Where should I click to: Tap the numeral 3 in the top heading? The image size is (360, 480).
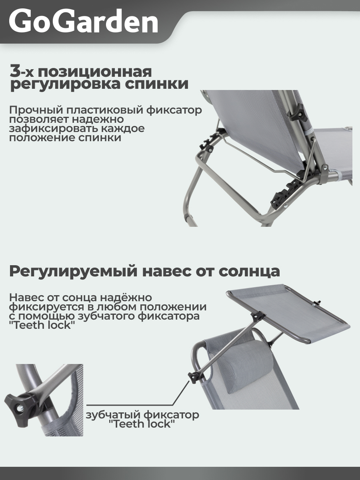(15, 72)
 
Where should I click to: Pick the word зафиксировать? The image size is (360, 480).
(48, 129)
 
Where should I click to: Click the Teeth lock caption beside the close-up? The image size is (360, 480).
(142, 419)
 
